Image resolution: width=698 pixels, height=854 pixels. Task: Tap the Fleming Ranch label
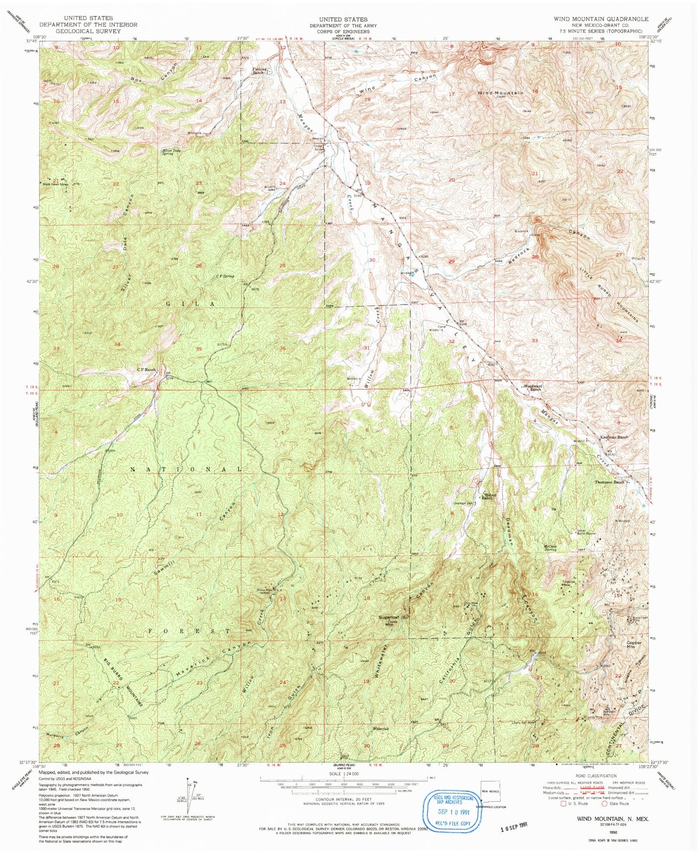coord(258,71)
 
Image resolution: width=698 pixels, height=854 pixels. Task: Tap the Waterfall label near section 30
coord(380,728)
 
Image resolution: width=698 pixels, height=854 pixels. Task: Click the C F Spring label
coord(225,276)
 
